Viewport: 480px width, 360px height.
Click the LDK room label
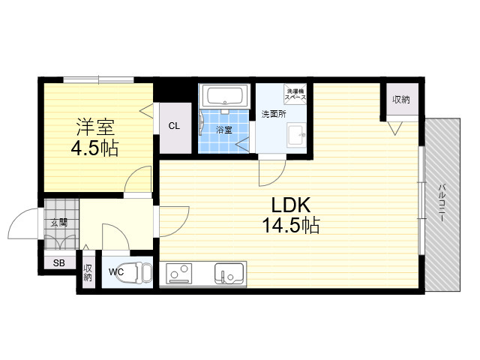pyautogui.click(x=291, y=205)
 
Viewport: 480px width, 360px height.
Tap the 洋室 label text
pyautogui.click(x=95, y=127)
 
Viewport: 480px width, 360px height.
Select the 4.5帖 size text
pyautogui.click(x=94, y=148)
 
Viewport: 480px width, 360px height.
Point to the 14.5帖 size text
pyautogui.click(x=291, y=225)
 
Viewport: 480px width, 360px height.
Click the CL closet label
pyautogui.click(x=174, y=126)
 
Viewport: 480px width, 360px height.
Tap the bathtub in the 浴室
pyautogui.click(x=225, y=95)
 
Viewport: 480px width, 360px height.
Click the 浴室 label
pyautogui.click(x=224, y=130)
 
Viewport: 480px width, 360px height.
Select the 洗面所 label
pyautogui.click(x=274, y=114)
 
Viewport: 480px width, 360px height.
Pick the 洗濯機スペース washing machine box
pyautogui.click(x=295, y=94)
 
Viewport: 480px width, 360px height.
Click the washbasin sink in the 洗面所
pyautogui.click(x=296, y=135)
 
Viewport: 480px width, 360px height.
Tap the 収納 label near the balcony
pyautogui.click(x=401, y=100)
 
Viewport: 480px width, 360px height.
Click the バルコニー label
pyautogui.click(x=442, y=202)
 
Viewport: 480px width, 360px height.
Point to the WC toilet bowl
pyautogui.click(x=139, y=272)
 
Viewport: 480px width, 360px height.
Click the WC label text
pyautogui.click(x=116, y=271)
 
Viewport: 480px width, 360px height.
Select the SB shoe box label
pyautogui.click(x=59, y=262)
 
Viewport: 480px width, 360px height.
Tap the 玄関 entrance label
pyautogui.click(x=59, y=223)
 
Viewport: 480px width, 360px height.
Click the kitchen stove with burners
pyautogui.click(x=179, y=273)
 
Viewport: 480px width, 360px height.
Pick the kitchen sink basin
pyautogui.click(x=229, y=273)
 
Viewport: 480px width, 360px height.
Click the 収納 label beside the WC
pyautogui.click(x=88, y=272)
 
